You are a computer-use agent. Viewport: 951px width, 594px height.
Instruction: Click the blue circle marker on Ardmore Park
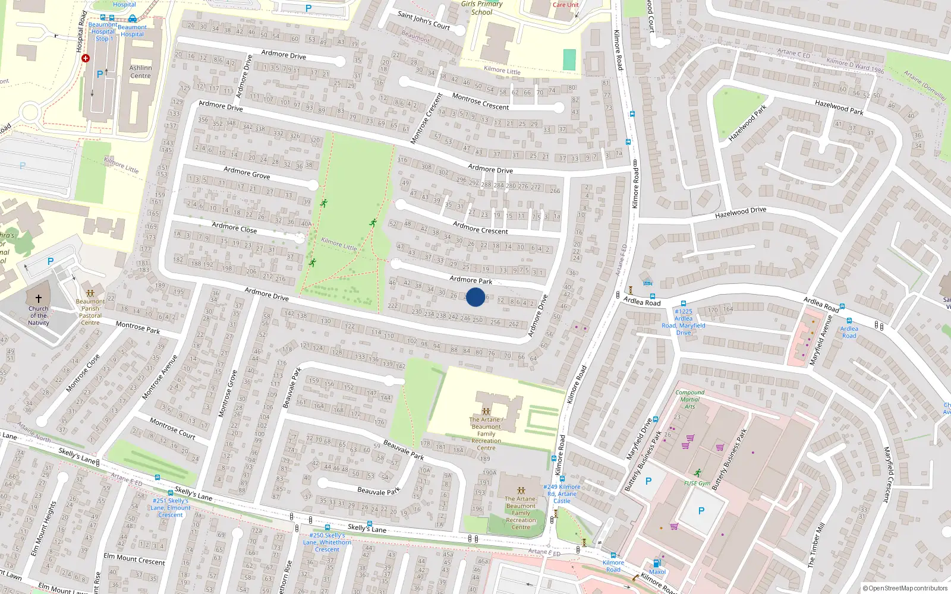tap(475, 297)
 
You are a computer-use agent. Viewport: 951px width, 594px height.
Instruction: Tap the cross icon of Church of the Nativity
tap(39, 299)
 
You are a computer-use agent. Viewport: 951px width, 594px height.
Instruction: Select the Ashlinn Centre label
tap(140, 72)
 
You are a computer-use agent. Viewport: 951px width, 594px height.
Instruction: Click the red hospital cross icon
tap(86, 58)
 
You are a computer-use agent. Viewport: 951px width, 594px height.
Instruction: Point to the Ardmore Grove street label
tap(247, 173)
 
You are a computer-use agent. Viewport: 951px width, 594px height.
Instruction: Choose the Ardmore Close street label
tap(234, 228)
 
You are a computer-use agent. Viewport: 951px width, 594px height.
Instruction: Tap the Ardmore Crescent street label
tap(480, 228)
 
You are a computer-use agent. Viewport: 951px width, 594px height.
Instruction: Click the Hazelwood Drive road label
tap(741, 212)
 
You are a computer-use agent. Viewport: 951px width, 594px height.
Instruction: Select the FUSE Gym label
tap(697, 483)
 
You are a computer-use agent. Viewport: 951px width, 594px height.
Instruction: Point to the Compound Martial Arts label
tap(689, 399)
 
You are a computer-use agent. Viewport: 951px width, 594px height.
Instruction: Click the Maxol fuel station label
tap(657, 572)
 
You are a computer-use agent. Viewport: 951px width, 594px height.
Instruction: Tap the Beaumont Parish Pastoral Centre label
tap(90, 312)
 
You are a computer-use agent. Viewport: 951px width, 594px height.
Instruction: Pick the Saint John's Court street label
tap(423, 20)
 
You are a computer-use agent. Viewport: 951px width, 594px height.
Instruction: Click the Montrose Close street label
tap(83, 374)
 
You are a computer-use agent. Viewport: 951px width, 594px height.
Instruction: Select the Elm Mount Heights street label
tap(43, 529)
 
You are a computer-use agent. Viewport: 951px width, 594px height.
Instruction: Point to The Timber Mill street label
tap(816, 545)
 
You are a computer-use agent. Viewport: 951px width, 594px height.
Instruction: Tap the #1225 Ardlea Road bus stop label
tap(684, 322)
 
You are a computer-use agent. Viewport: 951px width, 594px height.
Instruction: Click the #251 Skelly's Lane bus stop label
tap(171, 508)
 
